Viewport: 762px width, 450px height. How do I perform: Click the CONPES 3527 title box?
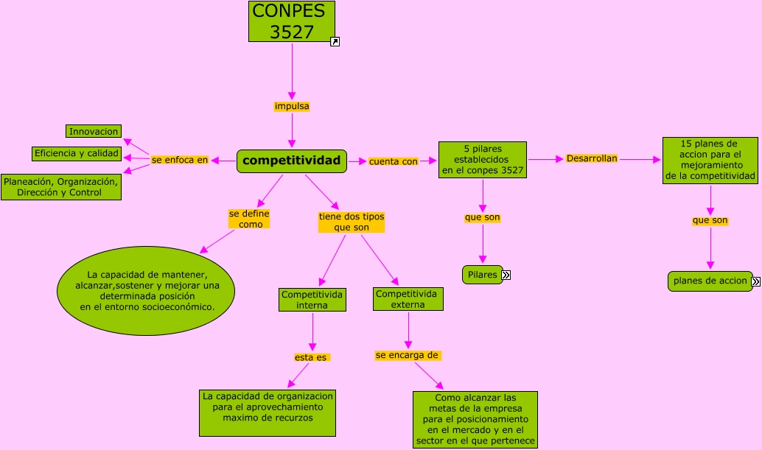tap(292, 21)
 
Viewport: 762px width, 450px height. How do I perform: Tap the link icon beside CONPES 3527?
tap(335, 42)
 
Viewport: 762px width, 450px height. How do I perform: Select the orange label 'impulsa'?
tap(292, 106)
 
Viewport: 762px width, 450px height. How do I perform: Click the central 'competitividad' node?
tap(292, 161)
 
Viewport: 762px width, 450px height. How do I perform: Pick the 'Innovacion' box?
tap(94, 131)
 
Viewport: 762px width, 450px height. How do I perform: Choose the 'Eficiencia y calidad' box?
tap(77, 153)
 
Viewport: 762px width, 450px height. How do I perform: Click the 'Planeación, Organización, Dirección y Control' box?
tap(60, 187)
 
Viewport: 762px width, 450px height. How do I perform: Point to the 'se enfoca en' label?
tap(180, 159)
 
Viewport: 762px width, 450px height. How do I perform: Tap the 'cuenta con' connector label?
tap(393, 161)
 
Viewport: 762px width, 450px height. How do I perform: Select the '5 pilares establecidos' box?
tap(483, 160)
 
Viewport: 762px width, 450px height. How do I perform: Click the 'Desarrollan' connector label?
tap(592, 158)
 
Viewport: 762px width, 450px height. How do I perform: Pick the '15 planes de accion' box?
tap(710, 160)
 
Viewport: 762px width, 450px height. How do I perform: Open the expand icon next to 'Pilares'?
tap(506, 275)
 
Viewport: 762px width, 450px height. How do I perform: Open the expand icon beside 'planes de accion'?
tap(755, 281)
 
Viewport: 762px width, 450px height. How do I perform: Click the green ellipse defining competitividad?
tap(146, 291)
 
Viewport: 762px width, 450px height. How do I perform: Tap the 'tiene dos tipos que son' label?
tap(352, 222)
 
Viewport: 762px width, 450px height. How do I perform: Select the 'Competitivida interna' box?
tap(312, 299)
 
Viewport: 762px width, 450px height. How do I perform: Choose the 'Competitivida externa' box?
tap(408, 298)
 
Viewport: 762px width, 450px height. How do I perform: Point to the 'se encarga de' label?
tap(408, 355)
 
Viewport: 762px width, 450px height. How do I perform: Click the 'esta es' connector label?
tap(311, 357)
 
